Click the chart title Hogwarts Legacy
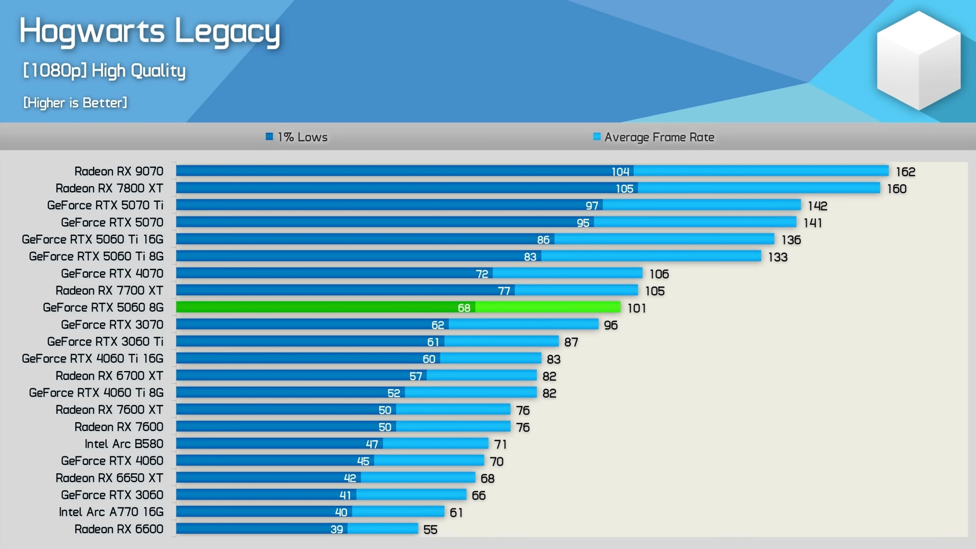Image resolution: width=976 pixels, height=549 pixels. [x=150, y=32]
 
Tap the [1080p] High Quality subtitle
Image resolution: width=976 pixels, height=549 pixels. [x=104, y=71]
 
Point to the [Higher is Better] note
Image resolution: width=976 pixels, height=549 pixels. [x=75, y=103]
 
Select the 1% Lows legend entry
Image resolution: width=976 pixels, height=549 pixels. [x=297, y=137]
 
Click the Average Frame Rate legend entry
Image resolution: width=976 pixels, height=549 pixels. [x=654, y=137]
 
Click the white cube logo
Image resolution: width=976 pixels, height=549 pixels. [x=919, y=60]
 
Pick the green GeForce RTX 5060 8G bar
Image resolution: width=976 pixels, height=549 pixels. [x=398, y=307]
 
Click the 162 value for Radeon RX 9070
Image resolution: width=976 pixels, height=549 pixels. [x=905, y=172]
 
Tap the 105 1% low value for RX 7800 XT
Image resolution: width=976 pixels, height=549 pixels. [x=625, y=189]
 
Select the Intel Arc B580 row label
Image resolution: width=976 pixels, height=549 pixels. [x=124, y=444]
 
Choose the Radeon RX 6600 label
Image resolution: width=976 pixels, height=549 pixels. [x=119, y=529]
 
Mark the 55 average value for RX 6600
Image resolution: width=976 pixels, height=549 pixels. [x=430, y=530]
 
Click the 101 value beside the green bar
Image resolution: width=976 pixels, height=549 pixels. [x=636, y=308]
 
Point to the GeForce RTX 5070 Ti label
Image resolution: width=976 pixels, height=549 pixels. [x=105, y=205]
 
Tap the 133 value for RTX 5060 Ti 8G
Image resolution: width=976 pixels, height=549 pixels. [x=778, y=257]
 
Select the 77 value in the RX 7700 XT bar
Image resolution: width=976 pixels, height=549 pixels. [x=504, y=291]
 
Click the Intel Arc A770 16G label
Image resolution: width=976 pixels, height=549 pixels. [x=111, y=512]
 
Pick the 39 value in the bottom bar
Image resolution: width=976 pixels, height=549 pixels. [x=337, y=529]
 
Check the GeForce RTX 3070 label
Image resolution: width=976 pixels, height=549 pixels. [x=112, y=325]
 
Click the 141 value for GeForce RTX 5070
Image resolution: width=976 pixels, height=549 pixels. [x=813, y=223]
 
